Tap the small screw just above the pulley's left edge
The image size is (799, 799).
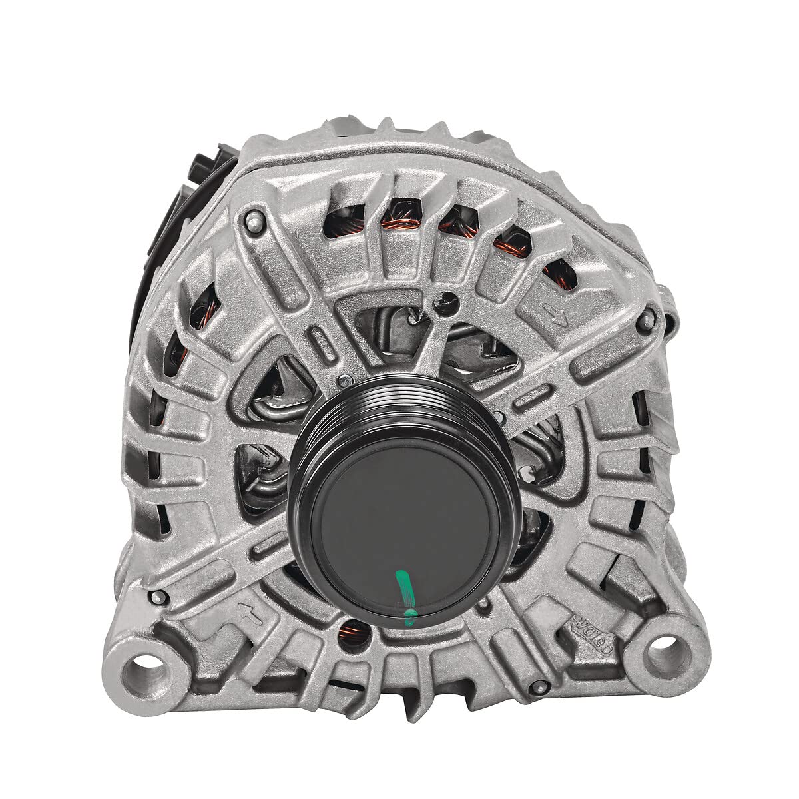pos(345,381)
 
